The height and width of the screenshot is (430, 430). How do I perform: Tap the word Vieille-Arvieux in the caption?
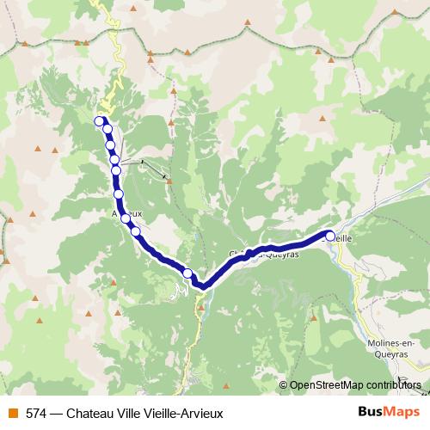click(184, 414)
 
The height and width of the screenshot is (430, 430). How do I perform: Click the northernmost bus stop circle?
click(100, 121)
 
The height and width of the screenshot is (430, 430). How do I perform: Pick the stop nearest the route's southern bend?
click(187, 273)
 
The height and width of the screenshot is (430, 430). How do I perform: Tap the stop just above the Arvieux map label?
click(119, 194)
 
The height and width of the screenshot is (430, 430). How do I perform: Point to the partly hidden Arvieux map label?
click(126, 210)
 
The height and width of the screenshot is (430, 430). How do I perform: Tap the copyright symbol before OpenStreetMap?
click(283, 385)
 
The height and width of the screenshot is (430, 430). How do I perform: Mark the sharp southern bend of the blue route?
click(199, 286)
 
